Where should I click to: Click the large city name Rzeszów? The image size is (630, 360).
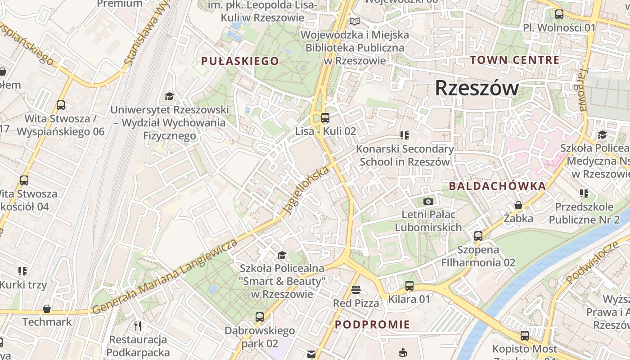tap(477, 88)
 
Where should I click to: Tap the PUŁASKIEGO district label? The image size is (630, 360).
tap(240, 61)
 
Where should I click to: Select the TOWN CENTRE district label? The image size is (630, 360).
tap(515, 60)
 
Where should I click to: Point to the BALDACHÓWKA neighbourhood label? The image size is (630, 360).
tap(497, 186)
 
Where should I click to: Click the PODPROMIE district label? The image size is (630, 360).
tap(373, 324)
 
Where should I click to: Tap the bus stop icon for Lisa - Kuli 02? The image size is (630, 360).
tap(325, 118)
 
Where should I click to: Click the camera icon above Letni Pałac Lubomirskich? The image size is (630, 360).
tap(428, 201)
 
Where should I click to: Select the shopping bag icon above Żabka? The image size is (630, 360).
tap(518, 205)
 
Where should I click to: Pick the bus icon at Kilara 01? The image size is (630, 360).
tap(409, 285)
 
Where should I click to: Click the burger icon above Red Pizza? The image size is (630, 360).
tap(356, 289)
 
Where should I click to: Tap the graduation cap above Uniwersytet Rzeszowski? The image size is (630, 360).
tap(169, 96)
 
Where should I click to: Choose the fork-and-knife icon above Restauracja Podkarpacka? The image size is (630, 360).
tap(138, 325)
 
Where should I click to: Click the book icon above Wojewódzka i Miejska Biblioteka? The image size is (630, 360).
tap(355, 21)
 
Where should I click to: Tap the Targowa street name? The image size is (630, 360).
tap(583, 90)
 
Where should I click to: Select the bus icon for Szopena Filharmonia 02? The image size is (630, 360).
tap(478, 236)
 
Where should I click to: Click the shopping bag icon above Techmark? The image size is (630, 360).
tap(47, 309)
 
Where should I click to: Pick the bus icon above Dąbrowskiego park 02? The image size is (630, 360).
tap(259, 317)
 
